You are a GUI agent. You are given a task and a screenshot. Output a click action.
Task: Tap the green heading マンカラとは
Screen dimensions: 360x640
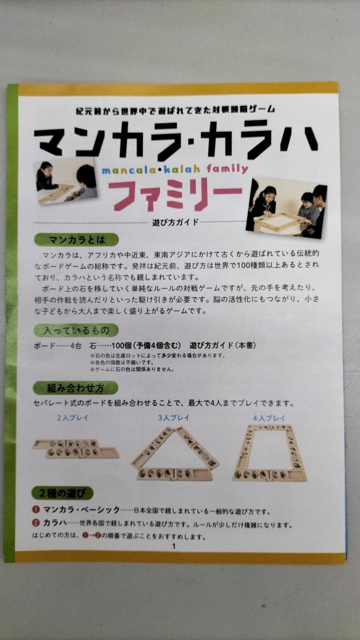tap(76, 239)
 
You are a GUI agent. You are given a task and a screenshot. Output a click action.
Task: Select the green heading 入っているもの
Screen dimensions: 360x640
tap(76, 330)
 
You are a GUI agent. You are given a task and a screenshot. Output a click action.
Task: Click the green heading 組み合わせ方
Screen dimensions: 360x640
tap(75, 388)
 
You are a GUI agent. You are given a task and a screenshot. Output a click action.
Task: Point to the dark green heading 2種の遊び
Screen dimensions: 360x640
tap(62, 493)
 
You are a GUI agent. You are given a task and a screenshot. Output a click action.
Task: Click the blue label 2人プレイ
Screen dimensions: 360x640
tap(73, 417)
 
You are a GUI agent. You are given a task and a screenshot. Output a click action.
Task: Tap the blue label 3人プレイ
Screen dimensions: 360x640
tap(174, 417)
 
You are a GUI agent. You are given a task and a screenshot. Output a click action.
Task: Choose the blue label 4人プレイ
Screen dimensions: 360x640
tap(269, 418)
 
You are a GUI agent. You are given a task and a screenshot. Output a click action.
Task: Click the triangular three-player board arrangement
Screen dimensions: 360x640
tap(175, 454)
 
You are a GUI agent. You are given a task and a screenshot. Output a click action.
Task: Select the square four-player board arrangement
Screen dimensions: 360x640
tap(269, 453)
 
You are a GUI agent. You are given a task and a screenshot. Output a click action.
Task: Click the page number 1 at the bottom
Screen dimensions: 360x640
tap(173, 546)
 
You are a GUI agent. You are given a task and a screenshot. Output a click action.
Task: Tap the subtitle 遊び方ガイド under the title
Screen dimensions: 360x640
tap(175, 222)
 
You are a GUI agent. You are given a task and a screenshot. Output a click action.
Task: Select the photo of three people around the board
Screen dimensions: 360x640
tap(286, 207)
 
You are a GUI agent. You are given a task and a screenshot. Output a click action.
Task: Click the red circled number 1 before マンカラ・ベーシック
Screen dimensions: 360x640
tap(36, 509)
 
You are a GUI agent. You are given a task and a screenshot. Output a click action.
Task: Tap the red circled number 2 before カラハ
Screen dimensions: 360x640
tap(36, 522)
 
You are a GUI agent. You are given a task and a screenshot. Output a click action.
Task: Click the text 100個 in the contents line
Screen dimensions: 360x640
tap(121, 345)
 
